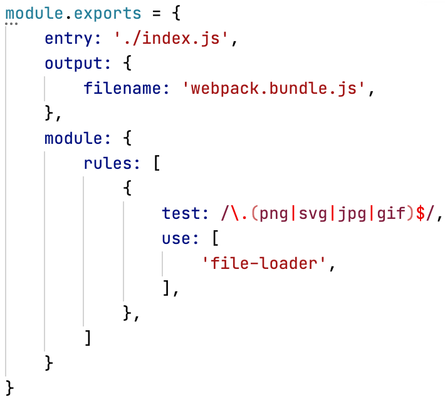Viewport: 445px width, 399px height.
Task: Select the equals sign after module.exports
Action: click(156, 13)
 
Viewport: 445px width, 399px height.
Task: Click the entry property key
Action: click(69, 39)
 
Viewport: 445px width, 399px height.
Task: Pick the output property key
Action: click(73, 63)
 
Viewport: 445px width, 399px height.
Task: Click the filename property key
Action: click(123, 88)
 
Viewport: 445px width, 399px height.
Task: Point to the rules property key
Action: click(108, 163)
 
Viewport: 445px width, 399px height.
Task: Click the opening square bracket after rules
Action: click(157, 163)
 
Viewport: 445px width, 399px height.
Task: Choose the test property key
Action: click(181, 213)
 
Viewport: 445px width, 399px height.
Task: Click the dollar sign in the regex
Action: click(421, 213)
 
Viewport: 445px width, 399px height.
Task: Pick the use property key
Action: click(176, 239)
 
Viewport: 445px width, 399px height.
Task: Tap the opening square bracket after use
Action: click(216, 238)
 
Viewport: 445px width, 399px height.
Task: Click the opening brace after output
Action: click(127, 63)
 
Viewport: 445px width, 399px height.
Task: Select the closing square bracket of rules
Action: click(88, 338)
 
